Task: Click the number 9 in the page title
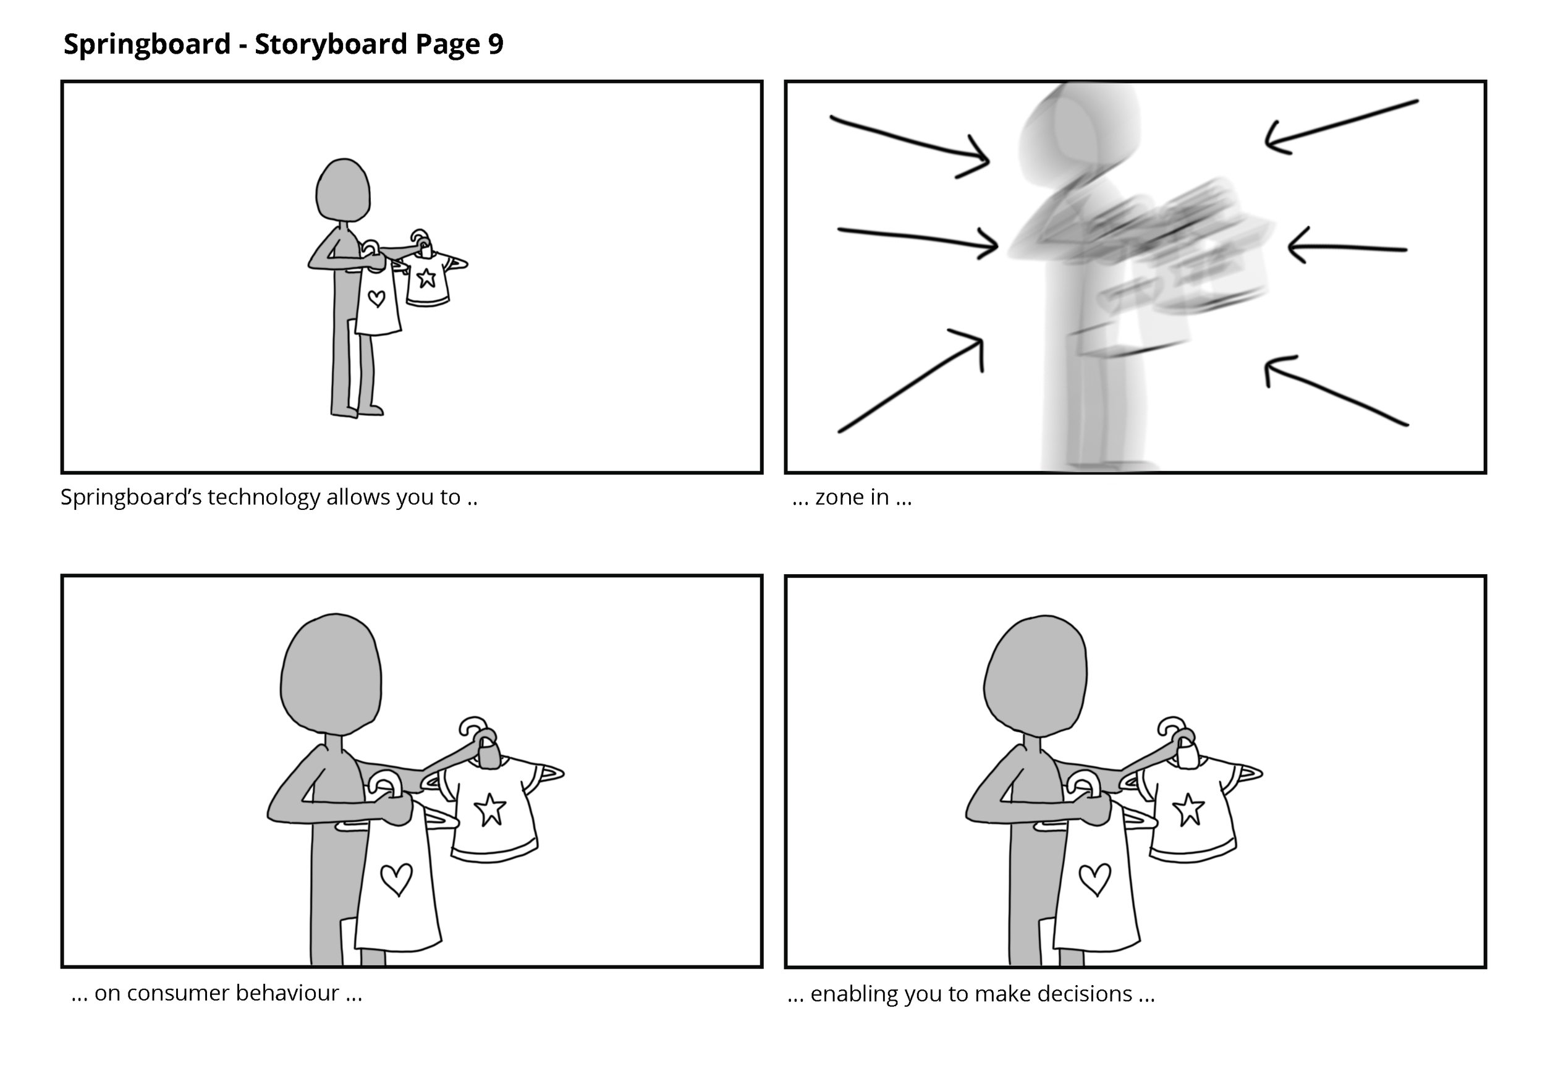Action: pyautogui.click(x=496, y=44)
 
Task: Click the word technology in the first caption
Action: pyautogui.click(x=264, y=499)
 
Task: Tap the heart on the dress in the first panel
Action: pyautogui.click(x=377, y=298)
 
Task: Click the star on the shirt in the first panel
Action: pyautogui.click(x=426, y=277)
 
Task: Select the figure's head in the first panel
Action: pyautogui.click(x=343, y=190)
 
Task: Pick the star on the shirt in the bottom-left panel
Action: pyautogui.click(x=490, y=810)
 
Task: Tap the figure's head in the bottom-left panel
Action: pyautogui.click(x=331, y=674)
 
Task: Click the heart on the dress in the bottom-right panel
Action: pyautogui.click(x=1095, y=879)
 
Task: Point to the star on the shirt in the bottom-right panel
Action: pyautogui.click(x=1188, y=810)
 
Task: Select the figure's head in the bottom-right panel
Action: pyautogui.click(x=1035, y=675)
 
